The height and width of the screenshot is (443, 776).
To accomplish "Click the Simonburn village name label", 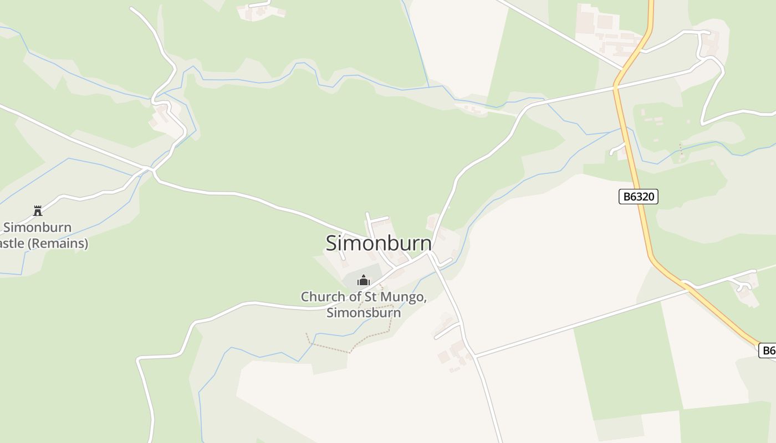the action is (x=379, y=243).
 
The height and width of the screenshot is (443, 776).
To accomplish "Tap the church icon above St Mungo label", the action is (x=363, y=280).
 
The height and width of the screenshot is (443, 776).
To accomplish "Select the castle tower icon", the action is (x=38, y=210).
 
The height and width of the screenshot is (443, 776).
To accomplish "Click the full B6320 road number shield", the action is (x=638, y=197).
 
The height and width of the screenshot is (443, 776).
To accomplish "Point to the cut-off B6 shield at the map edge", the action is (x=768, y=350).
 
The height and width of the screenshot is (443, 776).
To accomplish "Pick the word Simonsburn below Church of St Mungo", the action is (x=363, y=312).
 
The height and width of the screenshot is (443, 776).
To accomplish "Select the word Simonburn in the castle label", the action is (x=38, y=227).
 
